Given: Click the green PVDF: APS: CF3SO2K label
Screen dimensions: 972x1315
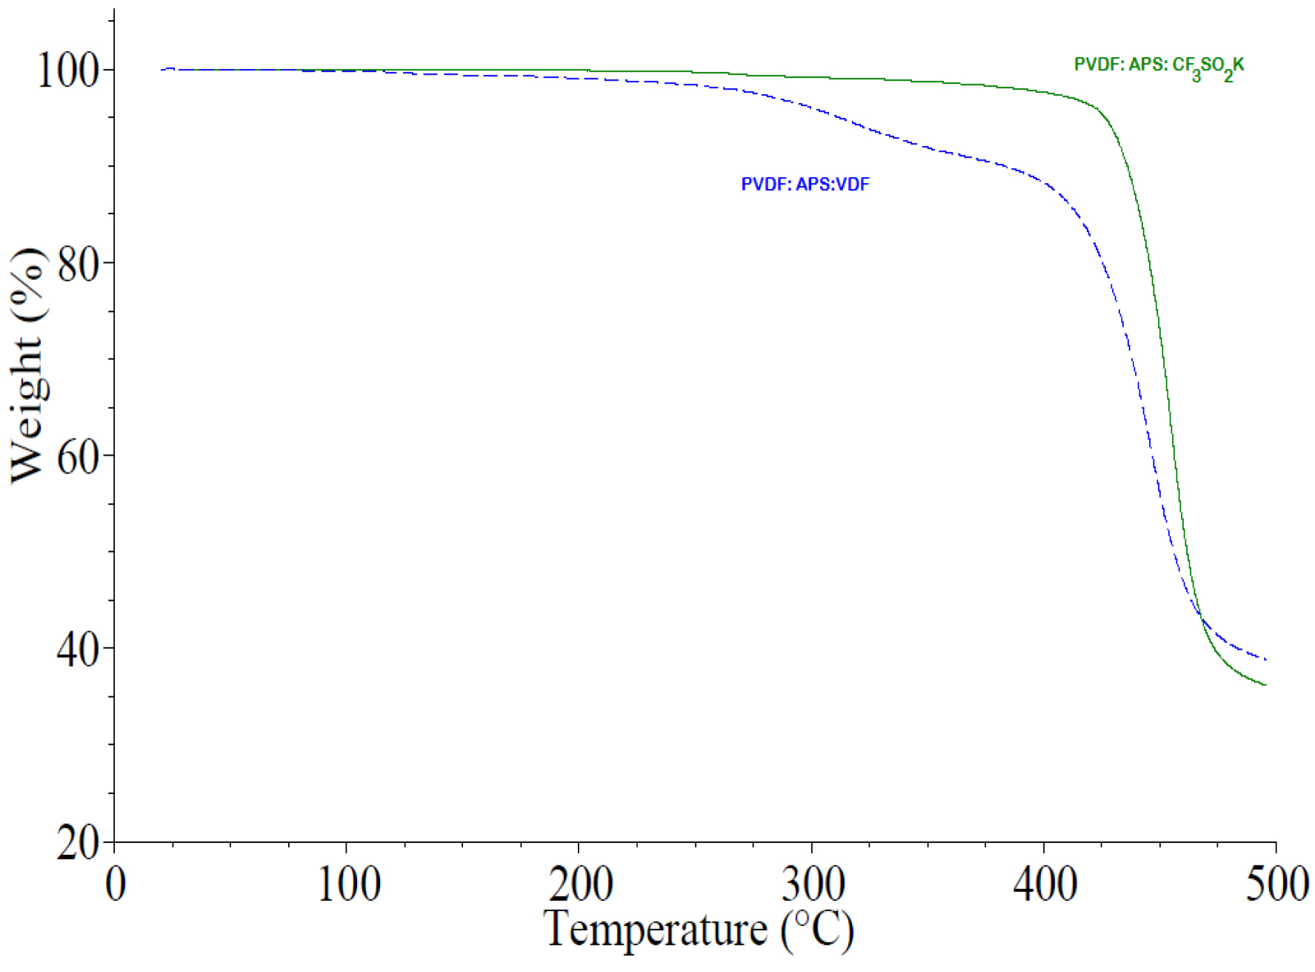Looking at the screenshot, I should pos(1159,67).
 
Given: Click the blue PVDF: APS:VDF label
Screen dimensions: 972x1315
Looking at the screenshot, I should pos(805,184).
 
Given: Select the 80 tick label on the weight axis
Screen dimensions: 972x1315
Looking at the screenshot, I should pos(78,264).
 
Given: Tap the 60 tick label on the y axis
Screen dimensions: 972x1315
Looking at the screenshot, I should pos(78,457).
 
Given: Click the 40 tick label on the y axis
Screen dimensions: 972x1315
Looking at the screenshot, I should pos(78,650).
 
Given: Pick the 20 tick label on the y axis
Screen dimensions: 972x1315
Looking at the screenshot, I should pos(78,842).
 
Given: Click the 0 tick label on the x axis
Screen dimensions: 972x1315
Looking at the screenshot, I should pos(116,884).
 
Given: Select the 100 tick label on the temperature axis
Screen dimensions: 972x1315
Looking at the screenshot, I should pos(348,884).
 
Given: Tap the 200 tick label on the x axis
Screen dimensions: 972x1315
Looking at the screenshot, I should pos(580,884).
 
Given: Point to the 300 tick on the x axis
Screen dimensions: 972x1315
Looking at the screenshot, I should pos(813,884).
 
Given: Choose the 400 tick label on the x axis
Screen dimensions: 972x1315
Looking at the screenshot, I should pos(1045,884).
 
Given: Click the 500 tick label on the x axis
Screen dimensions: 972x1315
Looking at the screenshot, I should pos(1276,884).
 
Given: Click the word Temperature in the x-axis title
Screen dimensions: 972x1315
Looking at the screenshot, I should pos(656,928).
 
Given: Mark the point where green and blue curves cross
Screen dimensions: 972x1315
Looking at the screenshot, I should pos(1201,617).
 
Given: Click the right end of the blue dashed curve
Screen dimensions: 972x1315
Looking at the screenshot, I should pos(1266,659).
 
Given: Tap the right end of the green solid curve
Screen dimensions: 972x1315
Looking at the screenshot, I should pos(1266,685).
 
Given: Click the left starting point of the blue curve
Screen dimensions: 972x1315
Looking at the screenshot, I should pos(162,70).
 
